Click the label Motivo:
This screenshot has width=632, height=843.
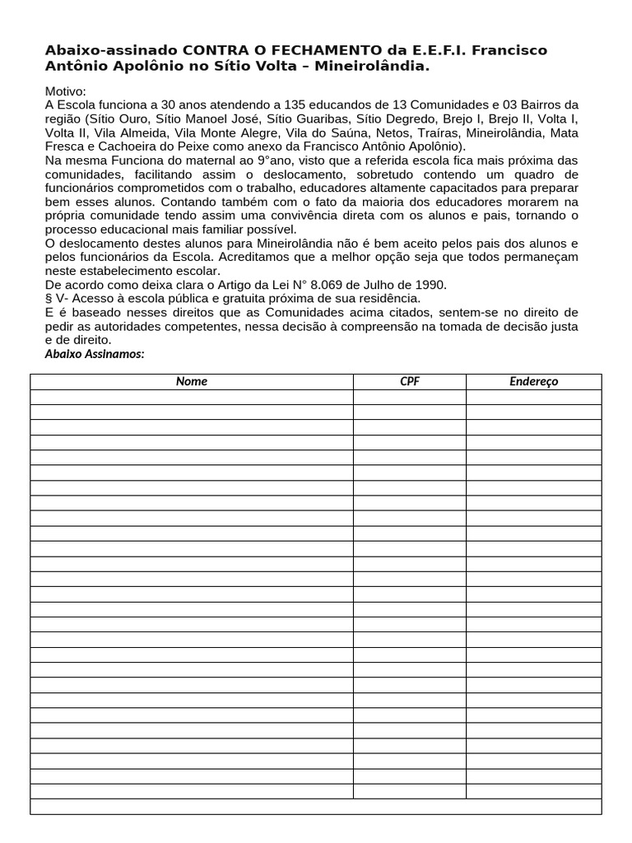click(x=65, y=91)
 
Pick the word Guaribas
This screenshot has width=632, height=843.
click(x=320, y=119)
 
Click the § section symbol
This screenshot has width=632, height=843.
click(x=49, y=299)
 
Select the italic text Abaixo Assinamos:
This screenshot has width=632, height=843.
click(x=95, y=354)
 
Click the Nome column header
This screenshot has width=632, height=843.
click(x=192, y=381)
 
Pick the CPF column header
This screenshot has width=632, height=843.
click(x=409, y=381)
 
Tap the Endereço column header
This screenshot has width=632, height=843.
click(x=533, y=381)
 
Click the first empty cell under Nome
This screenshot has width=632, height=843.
click(x=192, y=397)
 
